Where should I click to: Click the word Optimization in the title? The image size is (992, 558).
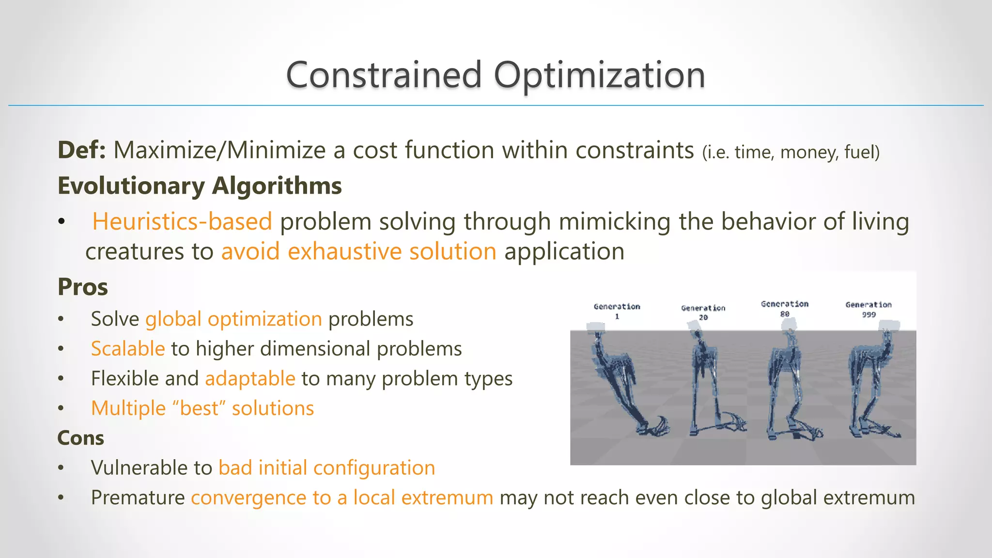pos(599,75)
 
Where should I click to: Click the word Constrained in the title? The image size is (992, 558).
pos(384,75)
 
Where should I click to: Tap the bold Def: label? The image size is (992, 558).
pos(81,150)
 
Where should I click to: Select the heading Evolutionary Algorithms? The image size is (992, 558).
pos(200,186)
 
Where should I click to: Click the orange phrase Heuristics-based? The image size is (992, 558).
pos(182,221)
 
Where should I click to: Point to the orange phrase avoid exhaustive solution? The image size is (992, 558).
pos(358,251)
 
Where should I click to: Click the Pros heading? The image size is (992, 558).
pos(82,287)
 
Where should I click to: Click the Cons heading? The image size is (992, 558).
pos(80,438)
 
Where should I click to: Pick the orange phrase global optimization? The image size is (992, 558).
pos(233,319)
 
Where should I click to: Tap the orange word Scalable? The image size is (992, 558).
pos(128,349)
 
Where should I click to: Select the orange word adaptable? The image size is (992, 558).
pos(250,378)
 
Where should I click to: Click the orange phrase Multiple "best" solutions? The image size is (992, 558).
pos(202,408)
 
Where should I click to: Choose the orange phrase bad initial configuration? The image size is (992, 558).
pos(326,468)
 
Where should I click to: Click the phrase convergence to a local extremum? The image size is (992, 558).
pos(342,498)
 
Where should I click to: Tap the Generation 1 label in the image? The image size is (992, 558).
pos(617,311)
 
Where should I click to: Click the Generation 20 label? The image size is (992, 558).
pos(703,312)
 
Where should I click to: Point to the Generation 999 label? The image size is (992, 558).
pos(868,309)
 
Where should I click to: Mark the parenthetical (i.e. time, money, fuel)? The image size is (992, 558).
pos(790,152)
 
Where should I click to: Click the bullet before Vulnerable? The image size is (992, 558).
pos(61,468)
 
